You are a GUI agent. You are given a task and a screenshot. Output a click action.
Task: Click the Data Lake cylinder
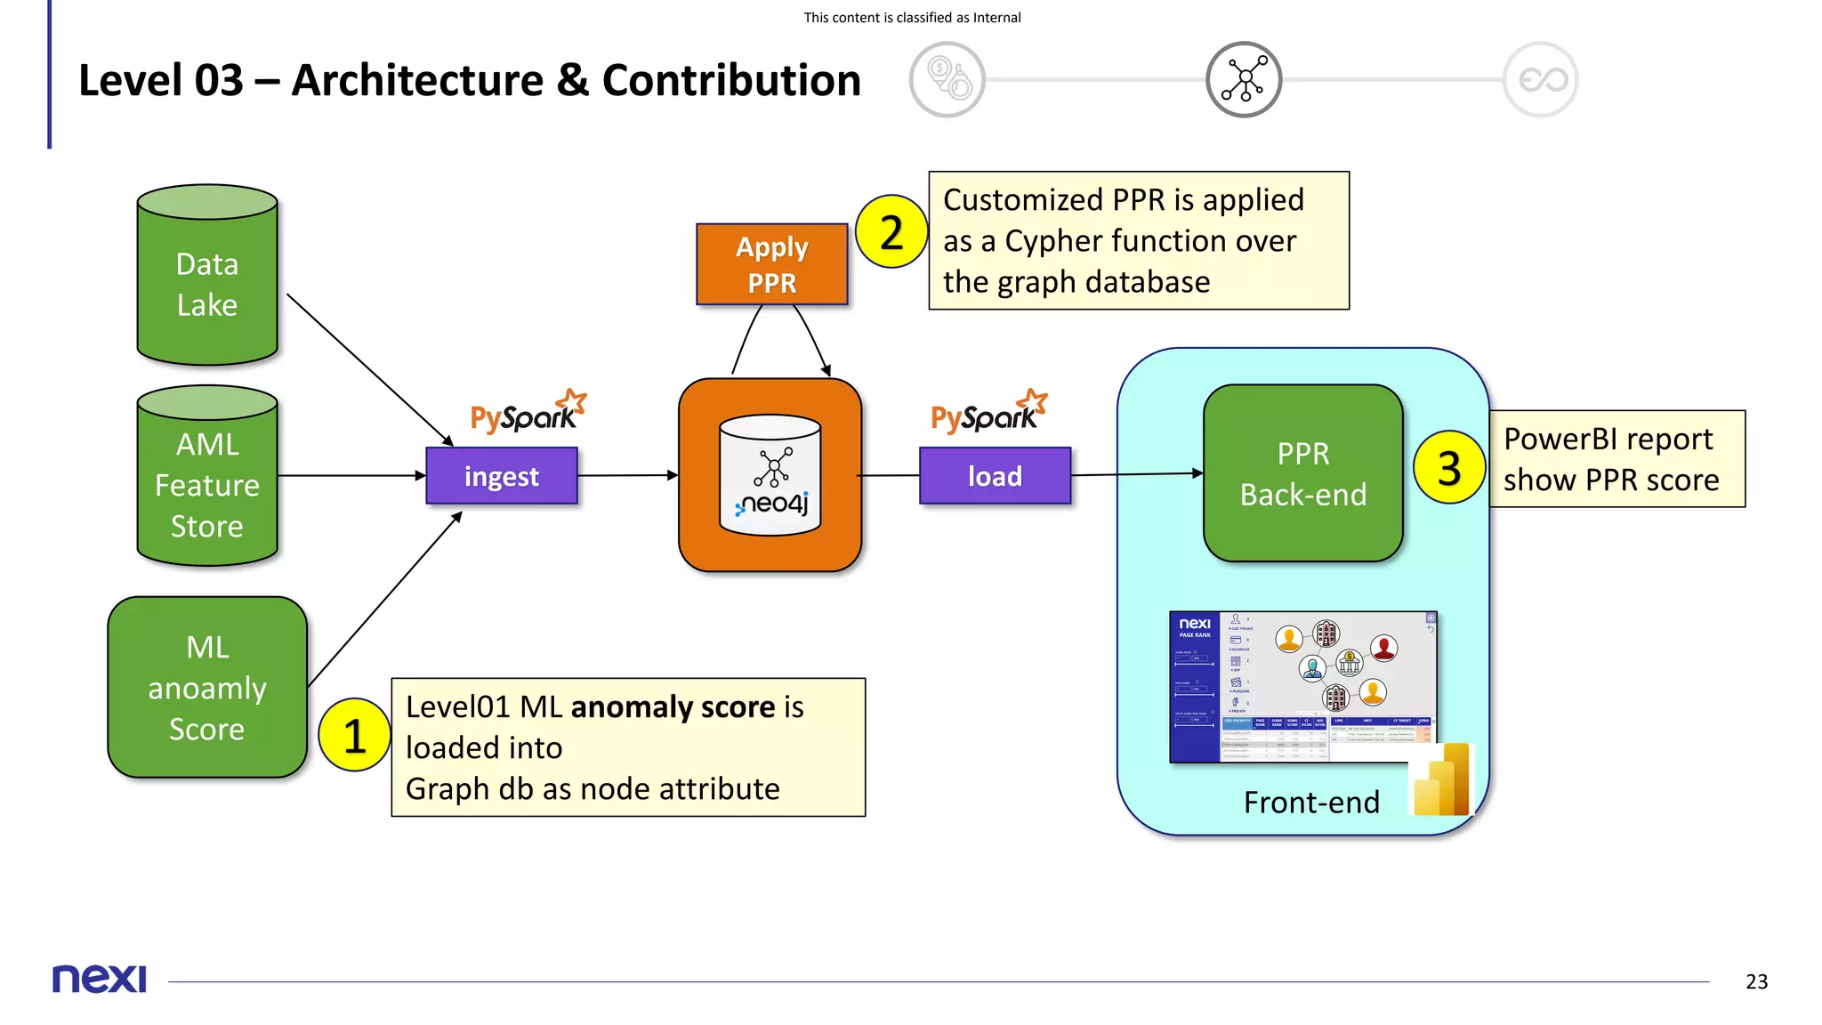tap(207, 276)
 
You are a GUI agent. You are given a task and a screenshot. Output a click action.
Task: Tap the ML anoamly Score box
tap(207, 687)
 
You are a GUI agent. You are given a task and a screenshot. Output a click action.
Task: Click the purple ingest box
tap(502, 476)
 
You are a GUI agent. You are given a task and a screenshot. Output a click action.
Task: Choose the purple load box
tap(995, 476)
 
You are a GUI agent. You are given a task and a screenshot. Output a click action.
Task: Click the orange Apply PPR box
tap(771, 264)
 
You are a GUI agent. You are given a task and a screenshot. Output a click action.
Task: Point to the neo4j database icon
tap(770, 475)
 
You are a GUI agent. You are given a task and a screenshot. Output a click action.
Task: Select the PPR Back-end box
tap(1302, 473)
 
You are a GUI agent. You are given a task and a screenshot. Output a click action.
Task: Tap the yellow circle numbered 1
tap(354, 735)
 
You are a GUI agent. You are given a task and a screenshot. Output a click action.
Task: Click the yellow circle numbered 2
tap(891, 232)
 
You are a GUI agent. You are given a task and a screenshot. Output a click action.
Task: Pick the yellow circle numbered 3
tap(1448, 467)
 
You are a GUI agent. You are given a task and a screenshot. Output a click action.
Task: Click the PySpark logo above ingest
tap(527, 413)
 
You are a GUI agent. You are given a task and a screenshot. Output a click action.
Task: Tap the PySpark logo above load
tap(988, 413)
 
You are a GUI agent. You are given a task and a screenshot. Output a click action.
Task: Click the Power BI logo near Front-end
tap(1442, 780)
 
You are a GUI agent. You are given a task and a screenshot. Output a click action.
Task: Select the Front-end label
tap(1311, 802)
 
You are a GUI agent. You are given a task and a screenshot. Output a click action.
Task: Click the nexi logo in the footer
tap(99, 979)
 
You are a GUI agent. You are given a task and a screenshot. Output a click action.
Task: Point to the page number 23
tap(1756, 981)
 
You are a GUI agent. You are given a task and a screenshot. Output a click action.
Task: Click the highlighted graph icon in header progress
tap(1243, 79)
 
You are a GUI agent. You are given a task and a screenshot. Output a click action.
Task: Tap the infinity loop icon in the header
tap(1541, 79)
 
